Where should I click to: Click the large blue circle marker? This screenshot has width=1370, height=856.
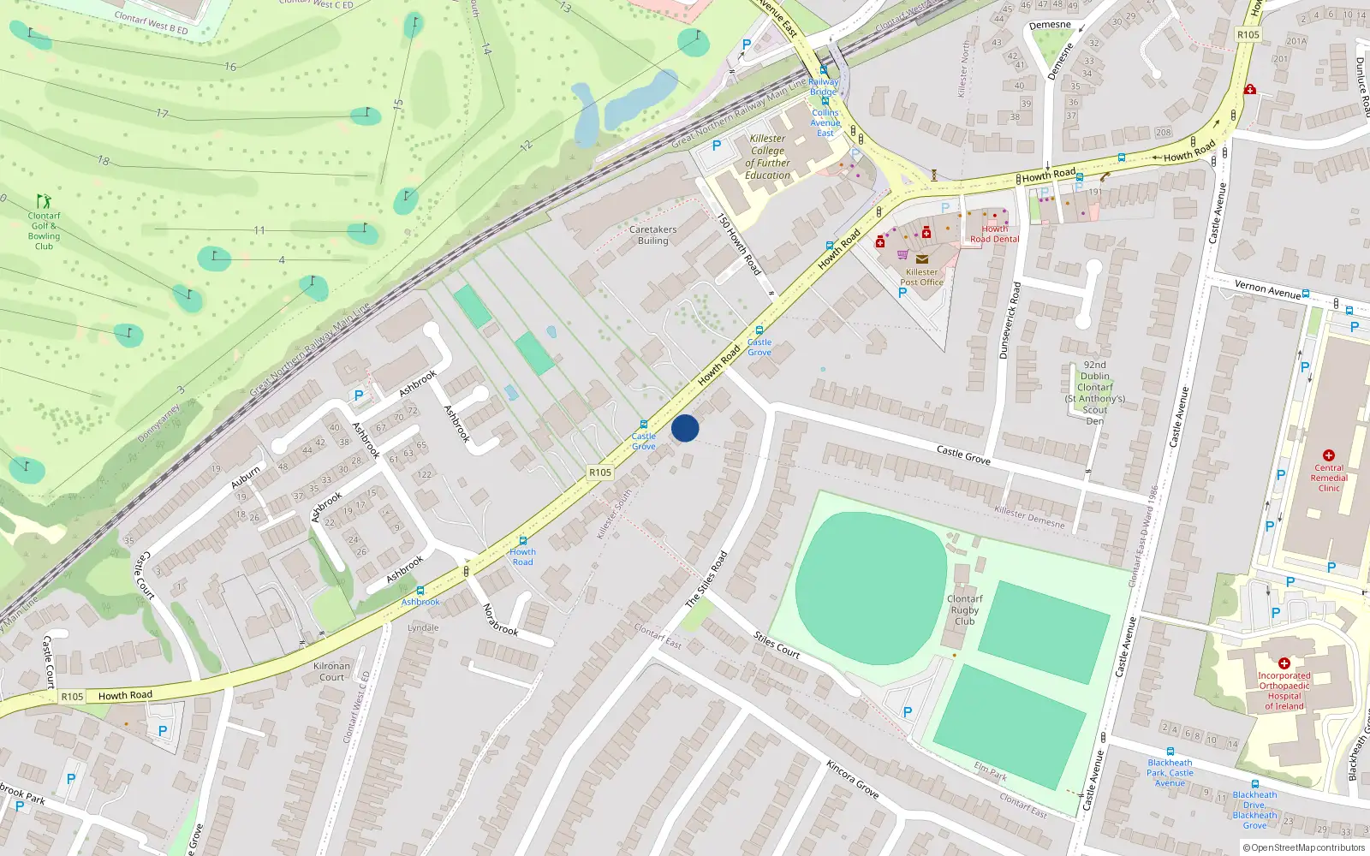tap(685, 428)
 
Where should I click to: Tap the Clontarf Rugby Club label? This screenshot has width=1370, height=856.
tap(965, 610)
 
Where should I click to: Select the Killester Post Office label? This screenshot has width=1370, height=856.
tap(921, 276)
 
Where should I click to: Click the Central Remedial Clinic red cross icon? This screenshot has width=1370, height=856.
tap(1329, 455)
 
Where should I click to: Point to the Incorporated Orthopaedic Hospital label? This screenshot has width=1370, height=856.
tap(1284, 691)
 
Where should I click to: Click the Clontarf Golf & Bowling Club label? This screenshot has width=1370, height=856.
tap(44, 231)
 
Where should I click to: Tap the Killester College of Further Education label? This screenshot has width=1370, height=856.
tap(767, 157)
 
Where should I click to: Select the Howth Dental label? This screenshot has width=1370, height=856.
tap(994, 234)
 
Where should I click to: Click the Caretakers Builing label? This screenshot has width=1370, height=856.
tap(652, 235)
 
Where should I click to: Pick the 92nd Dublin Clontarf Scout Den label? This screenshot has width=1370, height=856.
tap(1094, 393)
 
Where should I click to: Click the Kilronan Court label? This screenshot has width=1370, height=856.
tap(331, 671)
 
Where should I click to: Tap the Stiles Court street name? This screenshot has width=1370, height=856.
tap(777, 645)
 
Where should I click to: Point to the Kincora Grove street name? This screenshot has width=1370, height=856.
tap(852, 778)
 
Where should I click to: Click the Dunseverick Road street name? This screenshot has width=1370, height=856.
tap(1010, 320)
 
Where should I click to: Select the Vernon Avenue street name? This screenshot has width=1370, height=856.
tap(1267, 289)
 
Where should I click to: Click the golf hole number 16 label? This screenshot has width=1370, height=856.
tap(230, 66)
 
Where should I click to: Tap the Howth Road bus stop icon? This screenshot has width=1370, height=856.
tap(522, 541)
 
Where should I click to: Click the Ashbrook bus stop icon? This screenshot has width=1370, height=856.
tap(420, 591)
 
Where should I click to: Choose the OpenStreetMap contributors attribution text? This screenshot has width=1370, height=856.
tap(1303, 848)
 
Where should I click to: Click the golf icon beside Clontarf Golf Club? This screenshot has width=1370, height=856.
tap(44, 202)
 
